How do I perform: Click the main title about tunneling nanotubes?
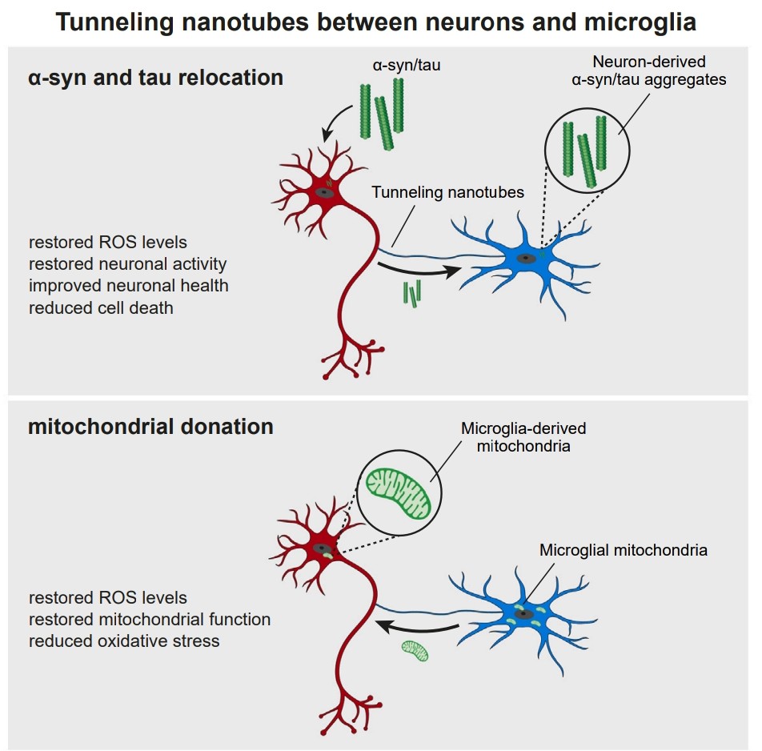coord(376,22)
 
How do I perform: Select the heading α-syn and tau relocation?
coord(155,78)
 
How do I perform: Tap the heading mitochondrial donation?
coord(150,426)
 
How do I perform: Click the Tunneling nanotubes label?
coord(447,193)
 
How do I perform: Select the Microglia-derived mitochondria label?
coord(523,437)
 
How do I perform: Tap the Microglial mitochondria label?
coord(624,550)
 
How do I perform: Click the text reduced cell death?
coord(101,307)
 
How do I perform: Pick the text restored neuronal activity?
coord(128,264)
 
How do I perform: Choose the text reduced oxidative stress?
coord(124,641)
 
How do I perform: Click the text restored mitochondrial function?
coord(150,619)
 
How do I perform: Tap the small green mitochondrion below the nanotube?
coord(415,650)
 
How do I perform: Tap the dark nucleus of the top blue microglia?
coord(526,258)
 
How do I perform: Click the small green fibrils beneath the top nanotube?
coord(412,295)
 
